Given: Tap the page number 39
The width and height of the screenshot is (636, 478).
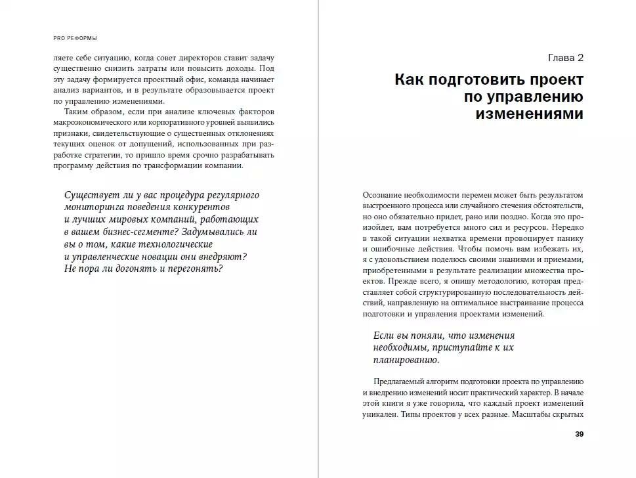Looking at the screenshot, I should click(x=578, y=434).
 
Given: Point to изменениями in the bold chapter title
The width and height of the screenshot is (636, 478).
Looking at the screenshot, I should click(x=529, y=114).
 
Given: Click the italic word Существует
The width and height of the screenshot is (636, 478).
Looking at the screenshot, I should click(x=93, y=195).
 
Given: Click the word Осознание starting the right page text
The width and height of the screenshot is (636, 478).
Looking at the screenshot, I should click(x=382, y=195).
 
